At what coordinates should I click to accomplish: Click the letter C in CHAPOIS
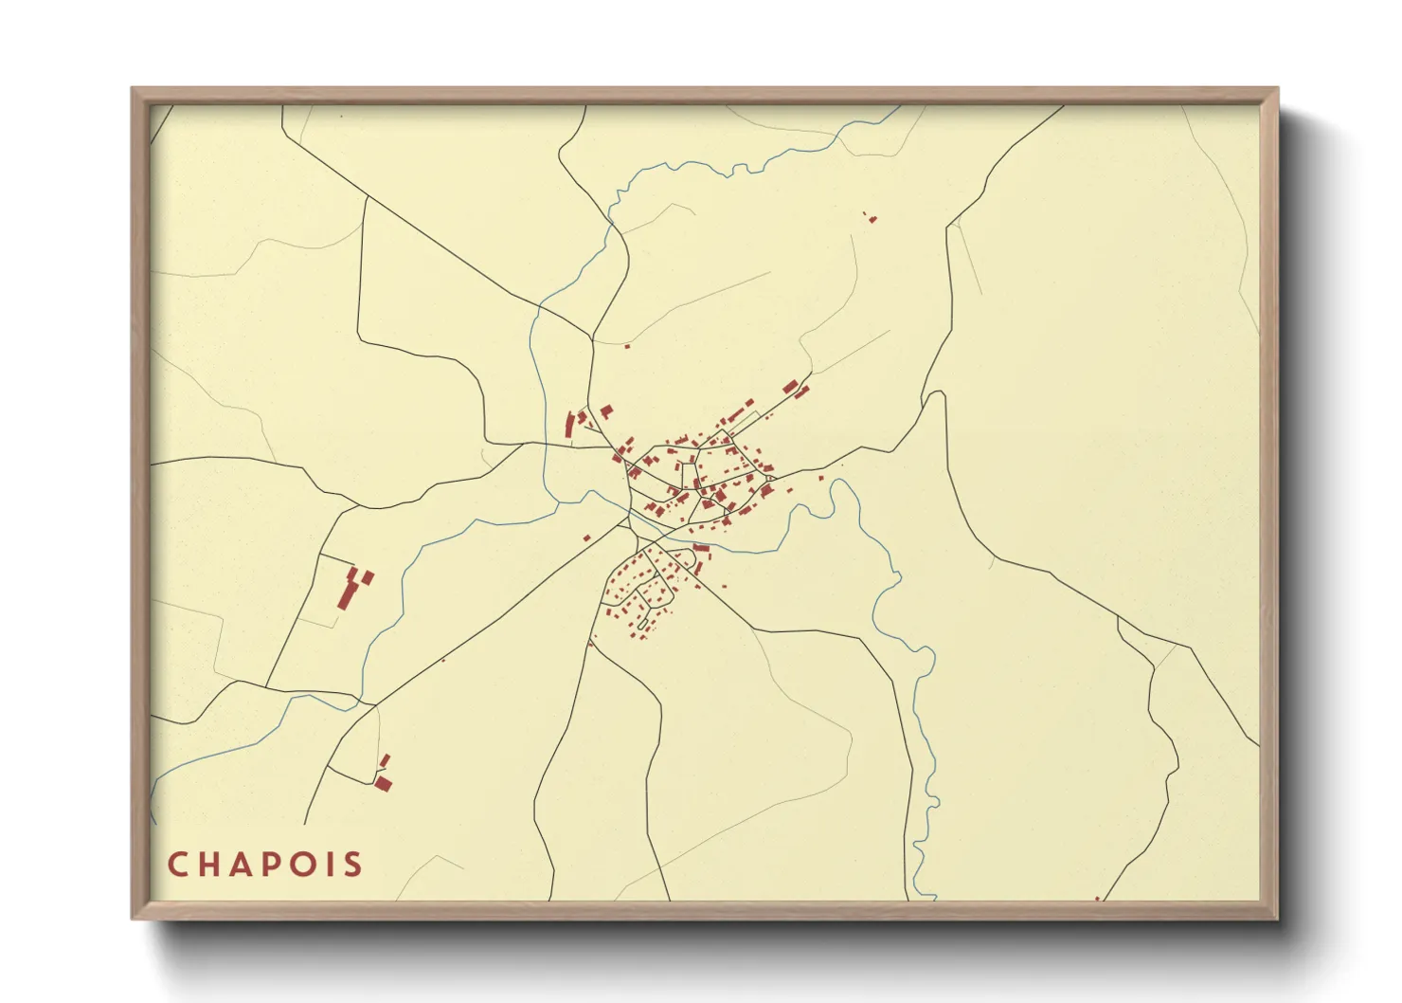click(x=178, y=865)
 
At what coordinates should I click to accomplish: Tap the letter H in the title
click(x=210, y=865)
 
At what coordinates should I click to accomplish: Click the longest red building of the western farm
click(x=347, y=595)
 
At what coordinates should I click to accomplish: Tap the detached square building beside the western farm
click(x=368, y=576)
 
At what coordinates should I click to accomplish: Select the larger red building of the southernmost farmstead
click(x=383, y=783)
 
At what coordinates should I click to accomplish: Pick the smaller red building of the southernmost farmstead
click(x=385, y=761)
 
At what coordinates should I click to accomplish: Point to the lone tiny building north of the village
click(x=627, y=346)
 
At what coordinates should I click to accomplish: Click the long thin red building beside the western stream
click(x=570, y=424)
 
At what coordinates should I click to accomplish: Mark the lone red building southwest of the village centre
click(x=587, y=538)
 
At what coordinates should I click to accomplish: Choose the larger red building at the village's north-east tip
click(x=789, y=386)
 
